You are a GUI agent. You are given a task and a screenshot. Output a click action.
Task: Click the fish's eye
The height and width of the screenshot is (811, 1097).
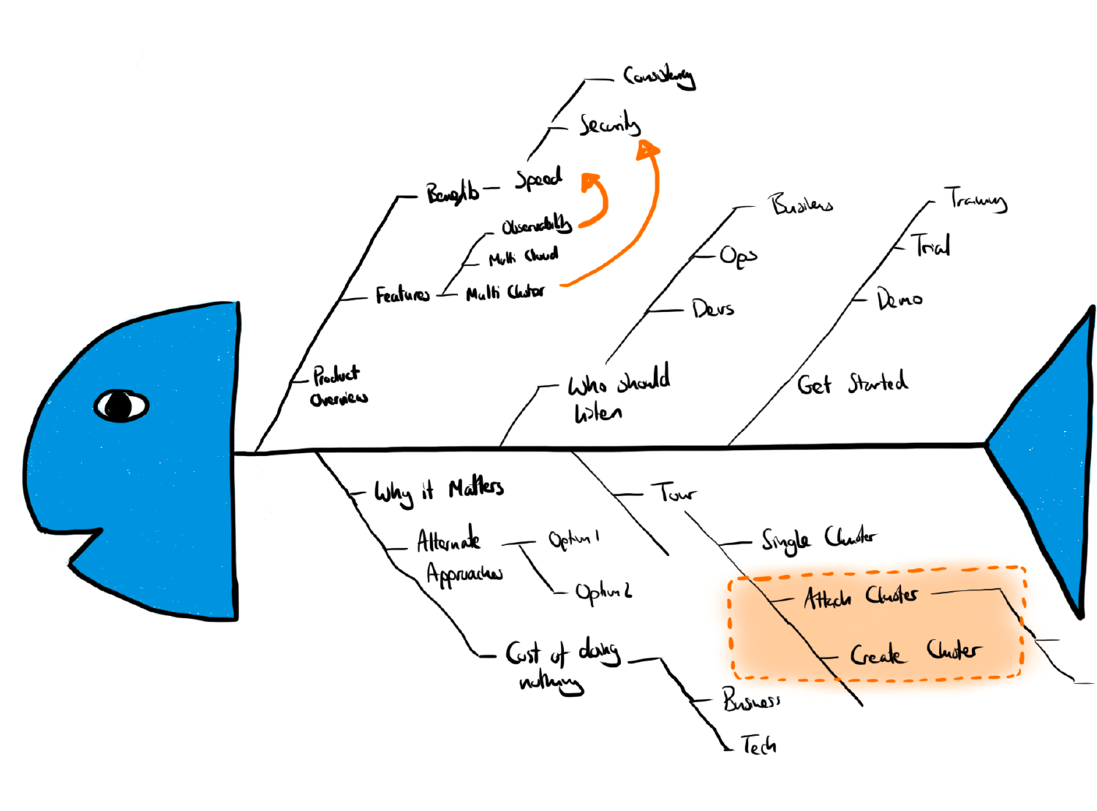coord(121,405)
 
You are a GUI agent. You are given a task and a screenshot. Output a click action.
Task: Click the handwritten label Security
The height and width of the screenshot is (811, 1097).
coord(609,125)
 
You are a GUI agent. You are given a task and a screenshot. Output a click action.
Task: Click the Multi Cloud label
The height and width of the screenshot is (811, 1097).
coord(524,256)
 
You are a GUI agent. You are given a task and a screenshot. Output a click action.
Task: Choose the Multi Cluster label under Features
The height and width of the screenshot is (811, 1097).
coord(505,292)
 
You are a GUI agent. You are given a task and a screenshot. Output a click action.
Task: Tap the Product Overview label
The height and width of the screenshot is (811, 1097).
coord(339,386)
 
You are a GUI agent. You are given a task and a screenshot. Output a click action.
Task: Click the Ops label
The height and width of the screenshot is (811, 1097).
coord(738,256)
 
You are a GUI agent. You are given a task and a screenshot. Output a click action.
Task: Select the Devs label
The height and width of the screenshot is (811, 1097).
coord(713,309)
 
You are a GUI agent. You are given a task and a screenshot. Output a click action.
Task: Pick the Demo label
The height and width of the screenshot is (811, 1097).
coord(900,299)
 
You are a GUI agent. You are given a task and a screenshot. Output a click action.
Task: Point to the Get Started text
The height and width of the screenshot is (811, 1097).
coord(853,383)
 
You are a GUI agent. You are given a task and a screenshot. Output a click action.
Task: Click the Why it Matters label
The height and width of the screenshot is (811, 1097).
coord(439,491)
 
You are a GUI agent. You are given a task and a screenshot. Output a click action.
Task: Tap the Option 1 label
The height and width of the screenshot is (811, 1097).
coord(574,539)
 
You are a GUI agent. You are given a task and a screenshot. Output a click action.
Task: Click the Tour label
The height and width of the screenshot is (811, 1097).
coord(674,493)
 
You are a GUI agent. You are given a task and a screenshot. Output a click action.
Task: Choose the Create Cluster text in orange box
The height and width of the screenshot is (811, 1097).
coord(915,652)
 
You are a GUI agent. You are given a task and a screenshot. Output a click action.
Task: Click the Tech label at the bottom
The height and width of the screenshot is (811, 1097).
coord(758,745)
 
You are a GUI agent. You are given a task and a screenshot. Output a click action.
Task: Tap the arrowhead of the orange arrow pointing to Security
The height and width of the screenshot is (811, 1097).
coord(647,150)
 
